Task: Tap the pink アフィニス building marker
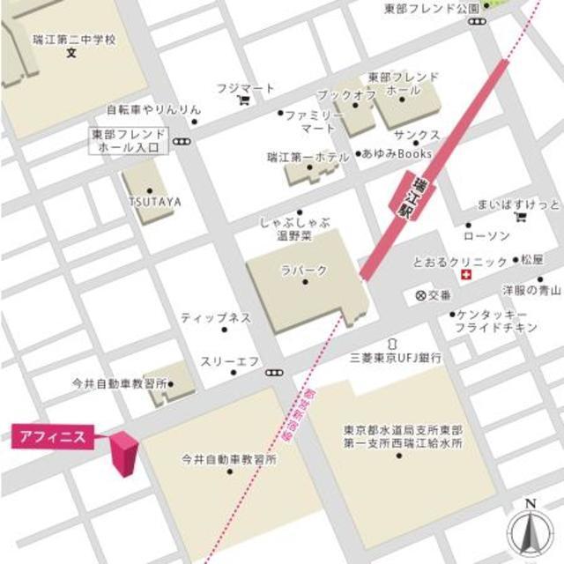pos(122,454)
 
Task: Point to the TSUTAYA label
pos(155,202)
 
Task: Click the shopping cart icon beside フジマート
pos(243,100)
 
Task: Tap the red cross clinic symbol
pos(464,276)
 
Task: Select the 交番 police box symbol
pos(420,295)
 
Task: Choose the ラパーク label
pos(305,269)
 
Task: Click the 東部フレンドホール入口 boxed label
pos(129,141)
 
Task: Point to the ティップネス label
pos(216,317)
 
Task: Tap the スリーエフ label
pos(229,360)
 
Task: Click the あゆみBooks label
pos(397,153)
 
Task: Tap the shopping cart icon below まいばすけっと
pos(521,216)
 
